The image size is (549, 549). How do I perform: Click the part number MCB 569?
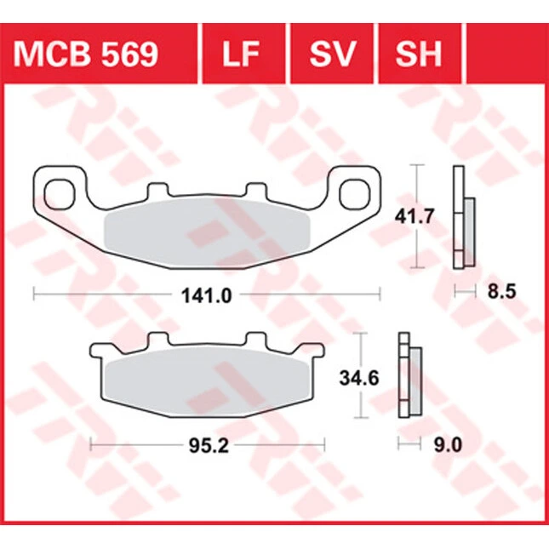(86, 54)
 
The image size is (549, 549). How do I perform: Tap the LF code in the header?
(241, 54)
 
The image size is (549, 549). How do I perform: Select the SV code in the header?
(333, 54)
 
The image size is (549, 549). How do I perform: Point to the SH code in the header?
(419, 54)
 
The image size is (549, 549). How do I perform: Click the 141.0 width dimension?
(207, 296)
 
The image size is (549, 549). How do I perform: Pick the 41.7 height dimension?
(415, 217)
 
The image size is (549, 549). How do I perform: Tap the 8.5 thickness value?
(502, 291)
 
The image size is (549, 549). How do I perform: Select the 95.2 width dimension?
(209, 446)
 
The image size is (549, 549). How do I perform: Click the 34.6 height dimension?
(359, 378)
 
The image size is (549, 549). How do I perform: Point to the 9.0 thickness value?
(449, 445)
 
